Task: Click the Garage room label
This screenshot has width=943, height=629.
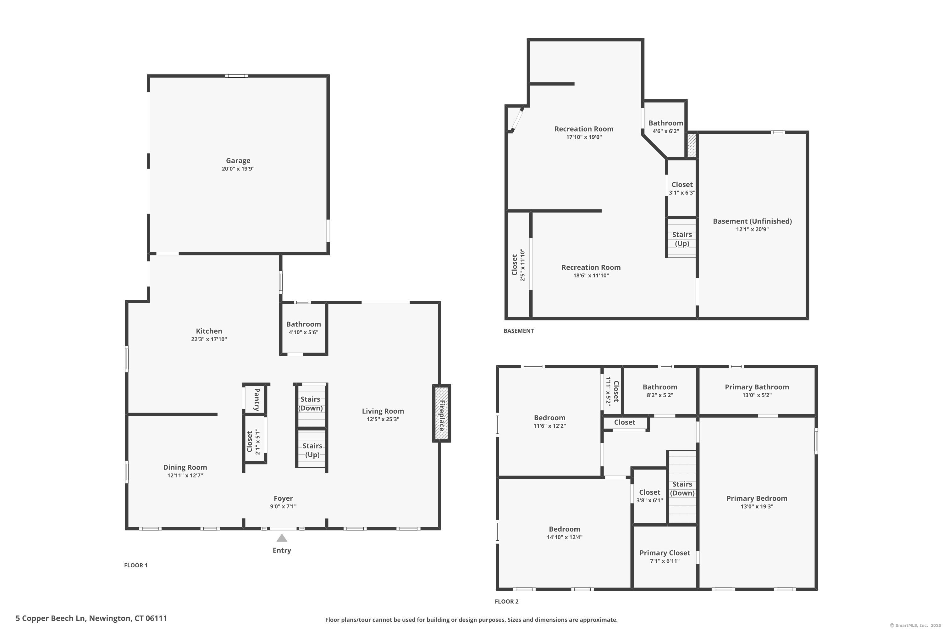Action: click(x=238, y=160)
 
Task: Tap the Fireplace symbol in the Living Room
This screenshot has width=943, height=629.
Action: click(x=441, y=414)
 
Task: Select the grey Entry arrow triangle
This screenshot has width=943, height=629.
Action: click(x=282, y=538)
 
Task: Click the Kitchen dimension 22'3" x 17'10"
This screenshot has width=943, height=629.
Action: click(x=209, y=339)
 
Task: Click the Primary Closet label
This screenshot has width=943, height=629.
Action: click(x=665, y=553)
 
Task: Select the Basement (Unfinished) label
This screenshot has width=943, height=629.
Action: click(x=752, y=221)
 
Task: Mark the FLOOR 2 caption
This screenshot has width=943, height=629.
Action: click(x=507, y=601)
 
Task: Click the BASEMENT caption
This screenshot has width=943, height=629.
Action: click(x=518, y=331)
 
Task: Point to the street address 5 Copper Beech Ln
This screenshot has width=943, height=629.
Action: click(x=51, y=618)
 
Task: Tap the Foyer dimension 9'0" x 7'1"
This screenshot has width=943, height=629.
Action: click(x=283, y=506)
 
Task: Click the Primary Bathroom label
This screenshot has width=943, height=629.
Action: click(x=757, y=387)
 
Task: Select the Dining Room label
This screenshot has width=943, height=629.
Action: click(x=185, y=467)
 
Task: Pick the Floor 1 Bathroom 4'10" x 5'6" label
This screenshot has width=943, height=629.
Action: click(x=304, y=328)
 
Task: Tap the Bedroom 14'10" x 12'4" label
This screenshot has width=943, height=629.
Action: click(x=565, y=533)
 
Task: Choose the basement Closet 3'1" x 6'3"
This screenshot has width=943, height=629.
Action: click(x=682, y=188)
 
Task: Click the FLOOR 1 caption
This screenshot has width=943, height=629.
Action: click(x=136, y=565)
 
